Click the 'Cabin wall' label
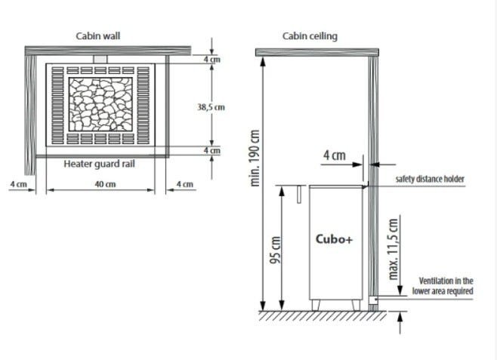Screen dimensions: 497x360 [98, 35]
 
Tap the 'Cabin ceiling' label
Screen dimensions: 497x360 [310, 36]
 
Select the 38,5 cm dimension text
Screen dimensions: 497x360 [211, 107]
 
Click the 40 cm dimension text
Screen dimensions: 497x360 [105, 184]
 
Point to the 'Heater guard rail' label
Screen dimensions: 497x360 [99, 164]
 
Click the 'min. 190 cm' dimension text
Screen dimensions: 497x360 [255, 158]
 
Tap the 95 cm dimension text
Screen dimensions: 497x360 [275, 250]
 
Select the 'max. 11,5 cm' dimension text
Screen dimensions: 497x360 [393, 249]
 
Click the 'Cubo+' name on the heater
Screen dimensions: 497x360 [334, 238]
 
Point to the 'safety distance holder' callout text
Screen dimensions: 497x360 [430, 179]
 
